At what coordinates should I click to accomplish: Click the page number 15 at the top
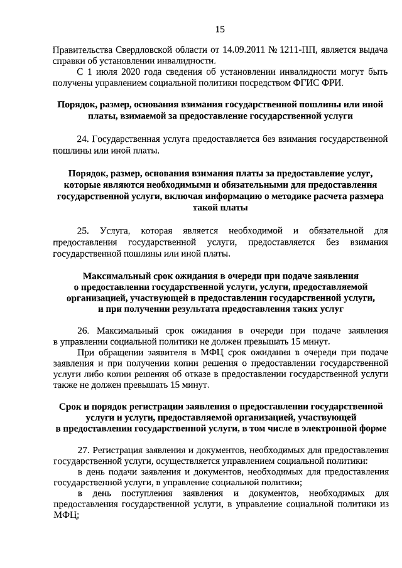click(x=219, y=29)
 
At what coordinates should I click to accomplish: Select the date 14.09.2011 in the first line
click(x=242, y=50)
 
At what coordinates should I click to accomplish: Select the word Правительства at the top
click(x=81, y=50)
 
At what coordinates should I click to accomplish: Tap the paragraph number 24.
click(x=82, y=139)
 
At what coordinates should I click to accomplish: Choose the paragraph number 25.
click(x=82, y=231)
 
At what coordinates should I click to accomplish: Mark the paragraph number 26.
click(x=82, y=330)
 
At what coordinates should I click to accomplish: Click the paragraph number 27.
click(x=83, y=450)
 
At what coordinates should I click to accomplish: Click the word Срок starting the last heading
click(x=71, y=406)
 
